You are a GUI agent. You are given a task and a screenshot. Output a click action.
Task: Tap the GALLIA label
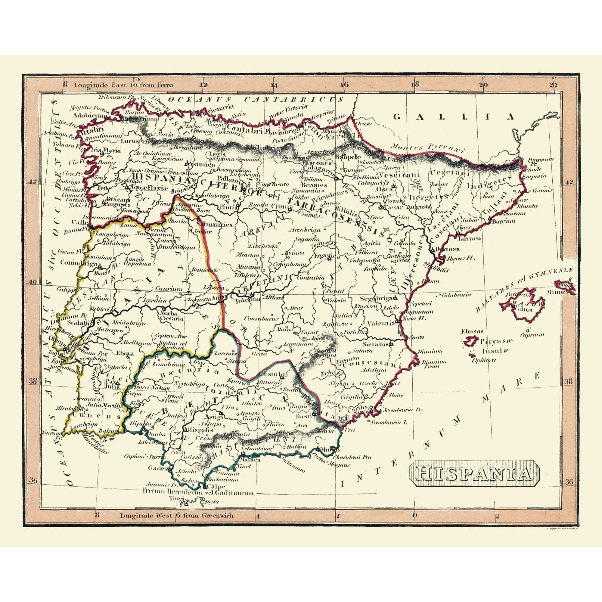(453, 117)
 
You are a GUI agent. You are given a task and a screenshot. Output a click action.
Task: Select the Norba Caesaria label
(169, 316)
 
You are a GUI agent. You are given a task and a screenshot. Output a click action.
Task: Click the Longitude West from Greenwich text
(177, 515)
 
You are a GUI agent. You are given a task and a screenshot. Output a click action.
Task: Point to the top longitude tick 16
(344, 85)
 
